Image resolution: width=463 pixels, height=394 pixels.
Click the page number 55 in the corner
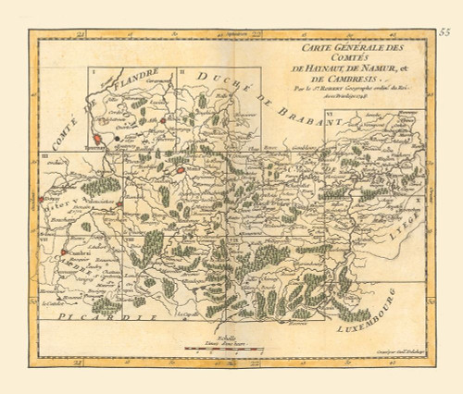tap(444, 32)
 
